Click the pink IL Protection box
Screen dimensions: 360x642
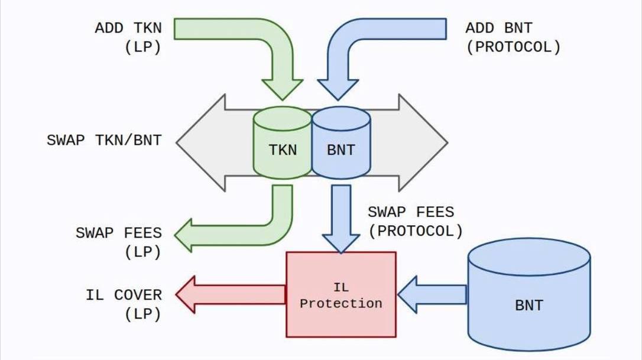[341, 294]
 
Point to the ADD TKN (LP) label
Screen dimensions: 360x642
[128, 37]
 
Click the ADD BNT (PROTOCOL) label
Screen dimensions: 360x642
[513, 37]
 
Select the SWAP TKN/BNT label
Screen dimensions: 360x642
[104, 141]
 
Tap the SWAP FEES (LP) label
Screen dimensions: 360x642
[118, 242]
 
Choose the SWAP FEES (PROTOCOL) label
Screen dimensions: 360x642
[416, 221]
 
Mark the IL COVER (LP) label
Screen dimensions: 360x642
[124, 304]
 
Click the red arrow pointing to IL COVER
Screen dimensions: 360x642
[231, 294]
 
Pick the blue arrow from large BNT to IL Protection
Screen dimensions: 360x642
[432, 294]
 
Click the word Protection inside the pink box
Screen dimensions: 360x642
[341, 303]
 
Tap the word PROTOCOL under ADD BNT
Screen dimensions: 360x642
[513, 47]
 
